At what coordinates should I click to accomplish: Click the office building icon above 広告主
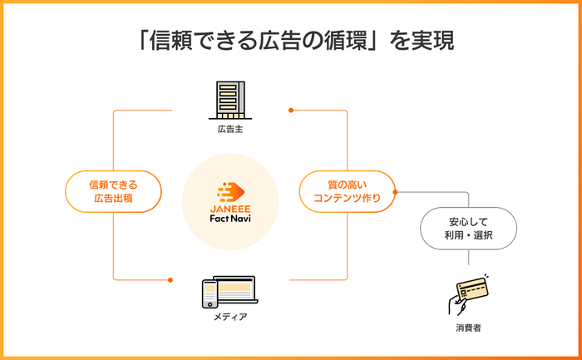coord(230,101)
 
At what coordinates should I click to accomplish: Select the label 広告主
coord(230,129)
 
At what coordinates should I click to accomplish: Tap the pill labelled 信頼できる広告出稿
coord(113,191)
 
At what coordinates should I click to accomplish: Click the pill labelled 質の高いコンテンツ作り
coord(347,191)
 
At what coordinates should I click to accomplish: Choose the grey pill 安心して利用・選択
coord(468,229)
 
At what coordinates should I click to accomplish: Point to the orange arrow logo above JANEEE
coord(231,192)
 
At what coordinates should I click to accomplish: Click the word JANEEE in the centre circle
coord(230,209)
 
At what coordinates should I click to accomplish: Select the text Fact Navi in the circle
coord(230,218)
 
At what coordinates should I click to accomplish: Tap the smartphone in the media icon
coord(210,294)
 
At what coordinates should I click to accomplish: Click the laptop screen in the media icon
coord(234,288)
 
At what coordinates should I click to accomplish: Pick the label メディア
coord(230,317)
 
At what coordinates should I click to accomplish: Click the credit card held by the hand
coord(472,288)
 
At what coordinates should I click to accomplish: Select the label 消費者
coord(468,328)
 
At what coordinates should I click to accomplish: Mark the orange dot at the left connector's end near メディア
coord(170,280)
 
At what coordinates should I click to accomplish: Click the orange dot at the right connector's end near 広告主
coord(291,111)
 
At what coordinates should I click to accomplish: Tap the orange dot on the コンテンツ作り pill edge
coord(395,192)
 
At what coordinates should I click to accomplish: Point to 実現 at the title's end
coord(433,41)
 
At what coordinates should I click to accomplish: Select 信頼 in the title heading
coord(170,41)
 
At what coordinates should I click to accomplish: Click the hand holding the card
coord(457,305)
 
